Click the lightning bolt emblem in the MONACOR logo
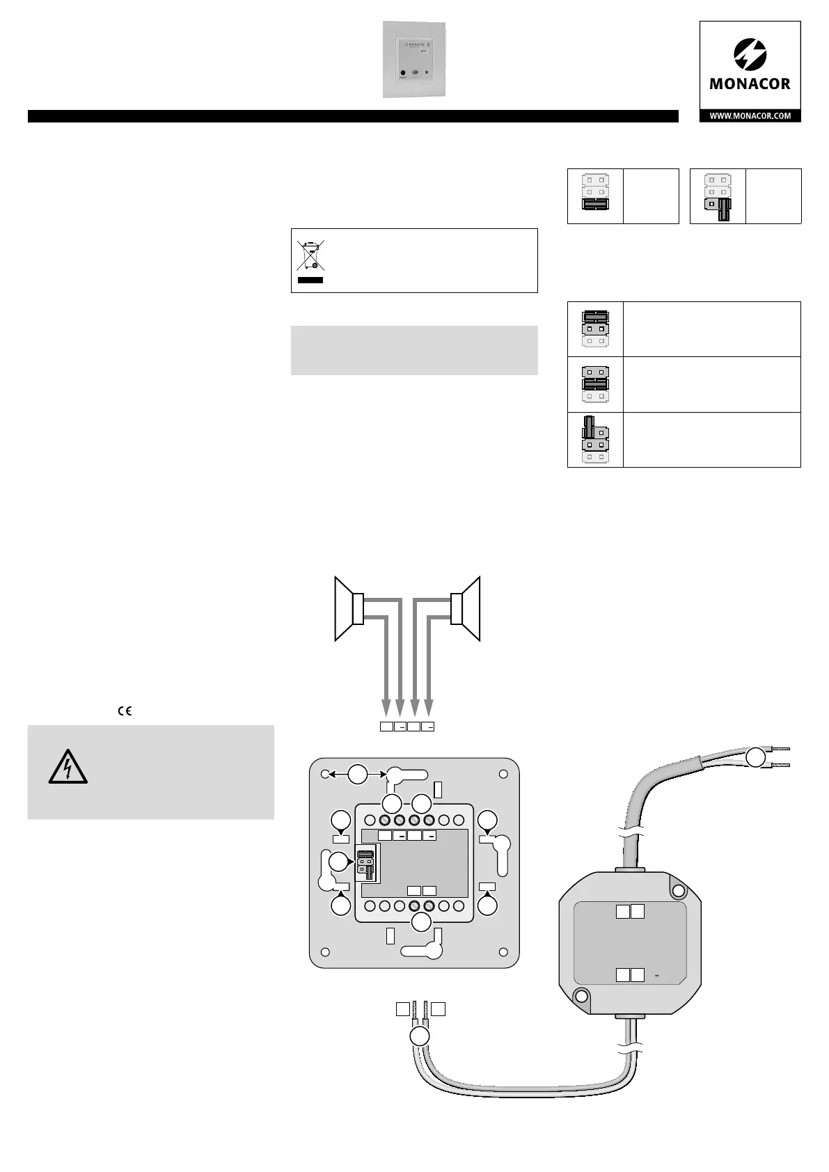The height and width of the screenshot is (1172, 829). click(x=750, y=55)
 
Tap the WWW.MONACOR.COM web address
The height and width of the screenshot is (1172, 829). click(x=750, y=116)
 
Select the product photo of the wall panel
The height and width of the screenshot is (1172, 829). click(x=413, y=60)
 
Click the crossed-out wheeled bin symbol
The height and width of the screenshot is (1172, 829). click(x=310, y=255)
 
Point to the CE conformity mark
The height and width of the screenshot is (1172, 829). click(x=125, y=711)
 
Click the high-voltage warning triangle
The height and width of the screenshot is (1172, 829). click(x=68, y=768)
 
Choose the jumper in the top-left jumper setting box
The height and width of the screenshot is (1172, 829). click(x=595, y=205)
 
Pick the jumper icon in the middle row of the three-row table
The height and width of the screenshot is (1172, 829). click(x=595, y=384)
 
